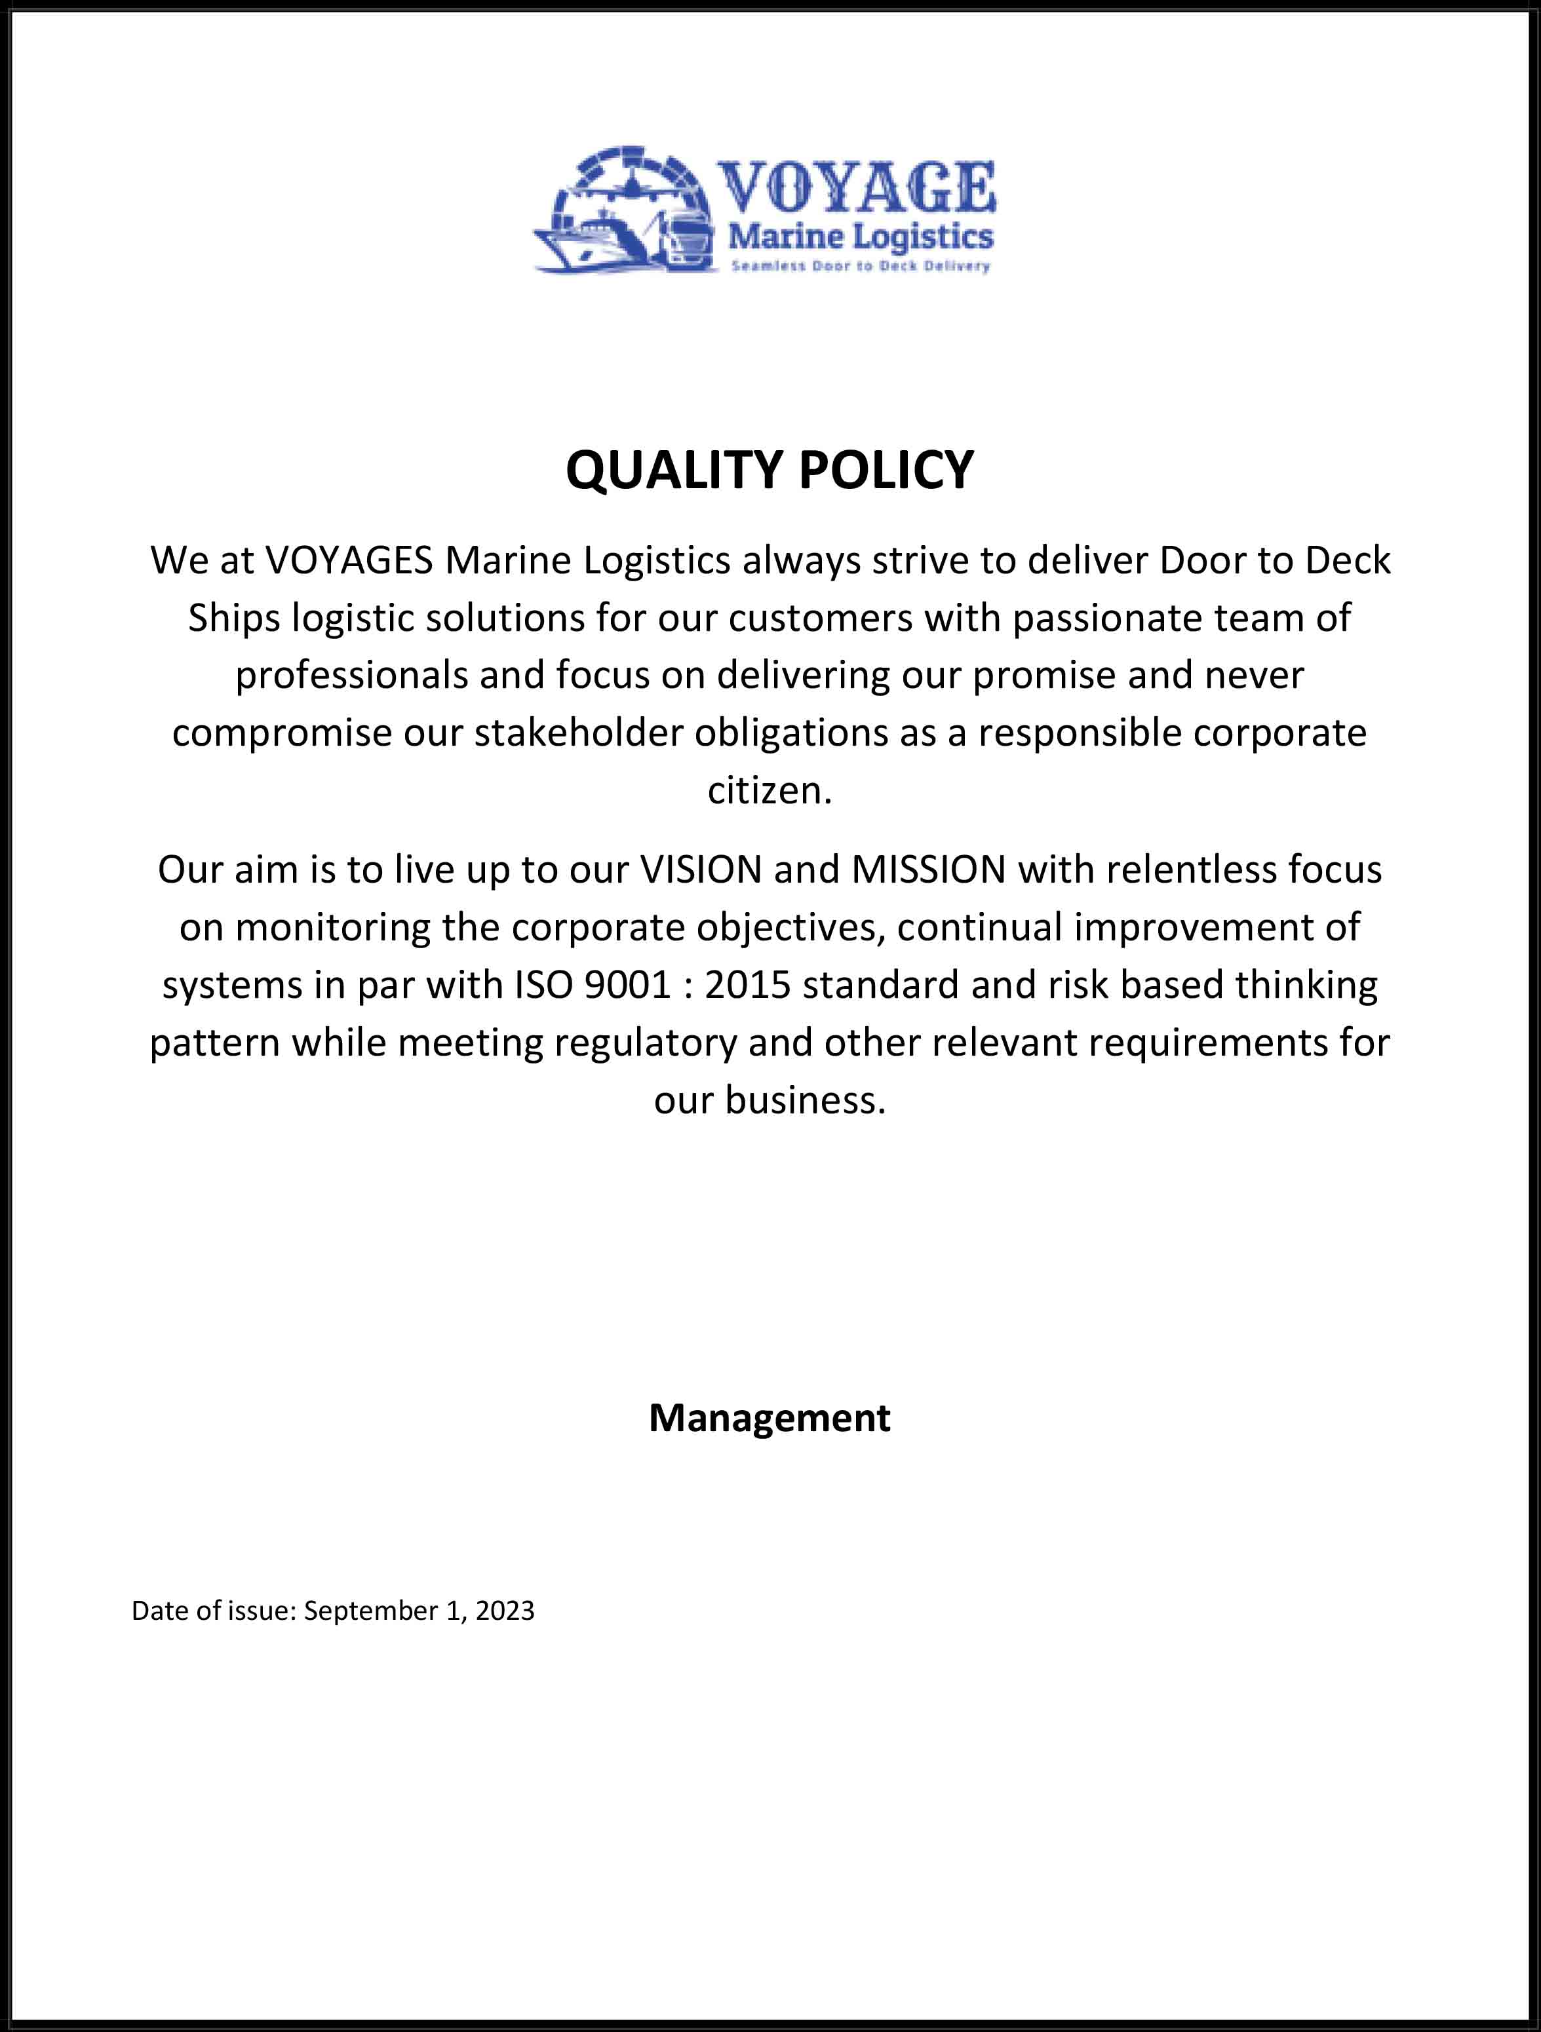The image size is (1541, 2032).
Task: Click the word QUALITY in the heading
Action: (674, 470)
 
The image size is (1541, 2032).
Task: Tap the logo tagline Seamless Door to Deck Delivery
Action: (860, 267)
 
